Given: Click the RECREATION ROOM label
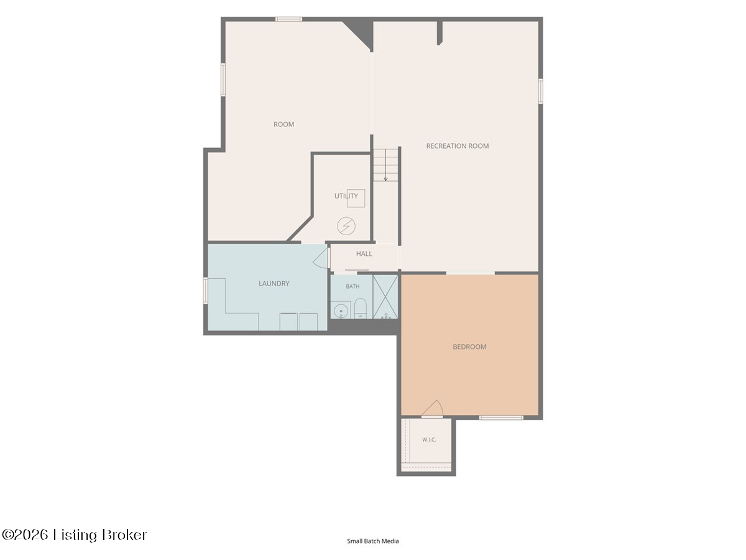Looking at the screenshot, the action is click(x=458, y=146).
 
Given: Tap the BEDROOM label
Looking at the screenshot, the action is click(x=469, y=347).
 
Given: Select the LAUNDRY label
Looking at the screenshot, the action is click(x=274, y=284).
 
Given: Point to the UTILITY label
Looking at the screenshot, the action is click(x=346, y=196).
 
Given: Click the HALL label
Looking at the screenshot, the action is click(x=364, y=254).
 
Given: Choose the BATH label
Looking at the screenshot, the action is click(x=352, y=286).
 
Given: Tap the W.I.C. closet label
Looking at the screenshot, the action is click(x=429, y=440).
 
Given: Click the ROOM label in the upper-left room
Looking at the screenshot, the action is click(x=283, y=124).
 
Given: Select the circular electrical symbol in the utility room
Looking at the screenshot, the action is click(x=346, y=226).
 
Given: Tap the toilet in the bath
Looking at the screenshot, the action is click(x=360, y=309).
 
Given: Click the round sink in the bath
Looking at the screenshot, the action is click(x=340, y=310).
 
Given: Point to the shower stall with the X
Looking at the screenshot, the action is click(x=385, y=297).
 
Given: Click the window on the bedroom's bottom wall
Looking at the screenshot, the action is click(x=501, y=418).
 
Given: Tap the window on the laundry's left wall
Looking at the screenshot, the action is click(x=206, y=291).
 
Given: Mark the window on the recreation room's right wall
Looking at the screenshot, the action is click(x=540, y=91).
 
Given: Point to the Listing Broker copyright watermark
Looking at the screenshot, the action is click(x=75, y=535).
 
